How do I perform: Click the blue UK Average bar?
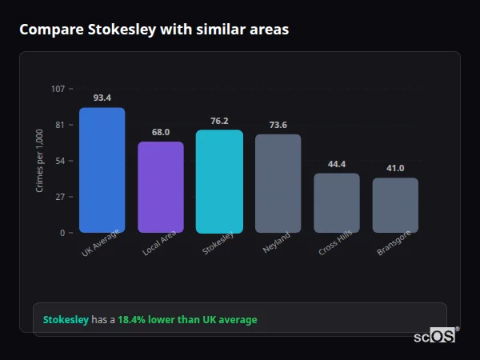pos(102,170)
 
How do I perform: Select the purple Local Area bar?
pos(161,187)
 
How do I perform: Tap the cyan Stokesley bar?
pos(219,182)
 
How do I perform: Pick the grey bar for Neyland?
pos(278,184)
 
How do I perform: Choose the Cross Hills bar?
pos(336,203)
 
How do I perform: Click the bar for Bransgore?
pos(395,206)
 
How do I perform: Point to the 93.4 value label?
pos(102,98)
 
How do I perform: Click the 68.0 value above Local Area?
pos(161,132)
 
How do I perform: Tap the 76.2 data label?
pos(219,121)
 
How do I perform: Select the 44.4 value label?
pos(336,164)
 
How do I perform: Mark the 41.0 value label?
pos(395,168)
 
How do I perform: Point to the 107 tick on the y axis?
pos(58,89)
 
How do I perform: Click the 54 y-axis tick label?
pos(60,161)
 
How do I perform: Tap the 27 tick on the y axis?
pos(60,197)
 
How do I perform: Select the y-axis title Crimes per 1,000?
pos(39,161)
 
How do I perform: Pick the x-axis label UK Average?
pos(100,243)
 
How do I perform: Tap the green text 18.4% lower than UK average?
pos(187,320)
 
